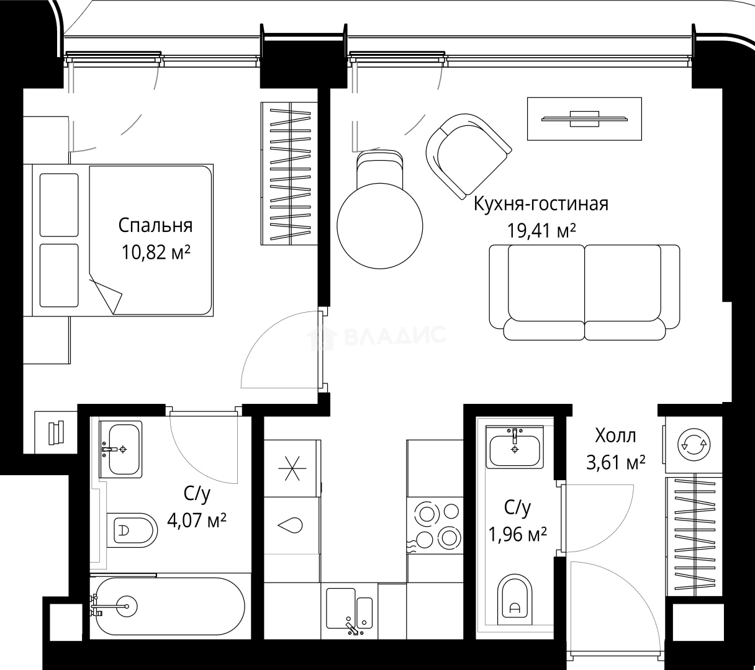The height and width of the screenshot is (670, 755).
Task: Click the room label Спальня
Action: pos(155,226)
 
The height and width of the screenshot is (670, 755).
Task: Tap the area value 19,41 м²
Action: pos(541,231)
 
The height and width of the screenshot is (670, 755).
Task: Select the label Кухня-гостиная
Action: pos(541,204)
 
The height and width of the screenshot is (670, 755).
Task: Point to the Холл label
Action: pos(615,435)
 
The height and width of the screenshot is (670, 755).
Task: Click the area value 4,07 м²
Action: pos(197,520)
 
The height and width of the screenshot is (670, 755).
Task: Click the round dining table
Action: pos(380,226)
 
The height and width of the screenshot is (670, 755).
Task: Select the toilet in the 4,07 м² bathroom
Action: pos(132,530)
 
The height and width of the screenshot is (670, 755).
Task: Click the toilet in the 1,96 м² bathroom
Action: pos(515,600)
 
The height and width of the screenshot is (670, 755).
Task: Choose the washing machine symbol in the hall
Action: pos(694,445)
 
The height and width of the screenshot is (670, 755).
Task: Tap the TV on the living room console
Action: pos(584,119)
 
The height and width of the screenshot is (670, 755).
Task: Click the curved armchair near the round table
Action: pos(468,156)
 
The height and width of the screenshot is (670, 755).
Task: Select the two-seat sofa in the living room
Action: pos(584,292)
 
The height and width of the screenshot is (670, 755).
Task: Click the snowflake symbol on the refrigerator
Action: pos(292,468)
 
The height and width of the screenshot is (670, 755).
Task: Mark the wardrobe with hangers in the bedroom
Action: pos(289,174)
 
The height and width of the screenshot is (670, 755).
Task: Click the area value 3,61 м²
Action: pos(616,463)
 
